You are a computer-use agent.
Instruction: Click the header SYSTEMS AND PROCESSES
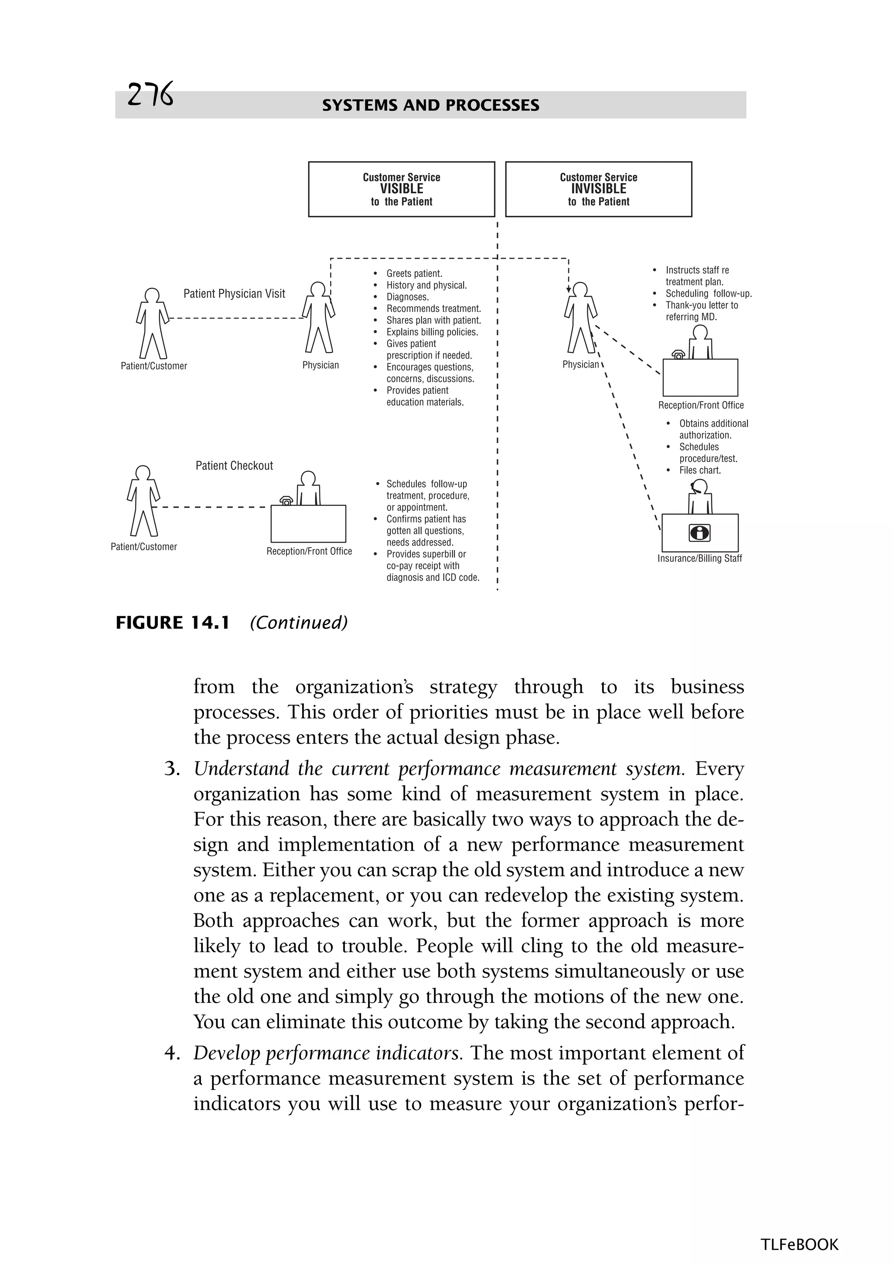[430, 105]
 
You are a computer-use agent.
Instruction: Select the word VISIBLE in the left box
[401, 189]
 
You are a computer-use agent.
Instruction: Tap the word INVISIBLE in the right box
[598, 189]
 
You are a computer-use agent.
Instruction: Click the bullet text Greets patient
[414, 273]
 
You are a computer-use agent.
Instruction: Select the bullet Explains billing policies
[432, 332]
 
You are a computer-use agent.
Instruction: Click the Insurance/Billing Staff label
[699, 558]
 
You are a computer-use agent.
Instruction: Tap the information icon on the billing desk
[699, 533]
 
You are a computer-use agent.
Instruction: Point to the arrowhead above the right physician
[569, 289]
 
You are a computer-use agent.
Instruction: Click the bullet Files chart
[699, 470]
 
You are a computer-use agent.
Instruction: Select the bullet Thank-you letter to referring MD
[701, 311]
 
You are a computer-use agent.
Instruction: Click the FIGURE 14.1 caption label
[172, 623]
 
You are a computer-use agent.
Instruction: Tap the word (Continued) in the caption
[298, 623]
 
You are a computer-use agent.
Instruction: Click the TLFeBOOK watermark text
[799, 1244]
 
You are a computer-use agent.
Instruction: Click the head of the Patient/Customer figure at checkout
[143, 473]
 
